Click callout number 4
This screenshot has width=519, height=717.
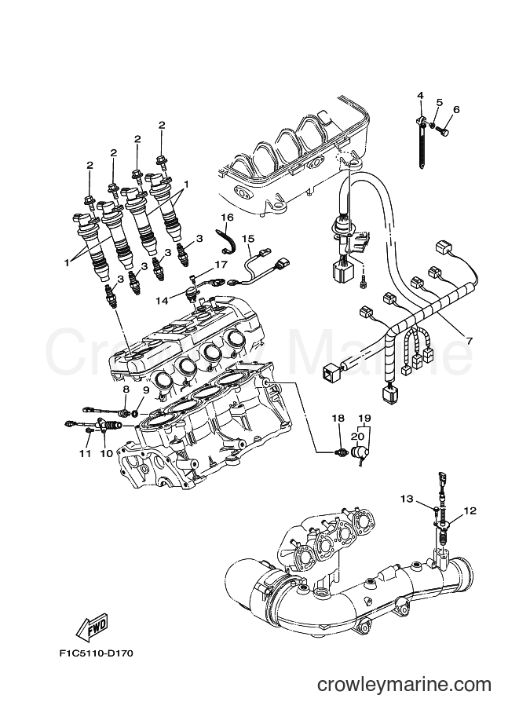coord(420,96)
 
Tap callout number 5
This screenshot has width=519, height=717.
coord(440,102)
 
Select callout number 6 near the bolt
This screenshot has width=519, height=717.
coord(456,109)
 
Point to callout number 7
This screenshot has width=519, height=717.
coord(470,342)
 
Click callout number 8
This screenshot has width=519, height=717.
coord(126,390)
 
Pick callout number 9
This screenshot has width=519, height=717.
coord(145,390)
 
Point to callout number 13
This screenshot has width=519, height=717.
coord(406,499)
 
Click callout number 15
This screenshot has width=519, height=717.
coord(248,238)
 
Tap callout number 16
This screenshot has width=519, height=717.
coord(227,218)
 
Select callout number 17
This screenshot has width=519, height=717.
coord(221,265)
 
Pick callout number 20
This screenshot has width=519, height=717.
coord(357,434)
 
